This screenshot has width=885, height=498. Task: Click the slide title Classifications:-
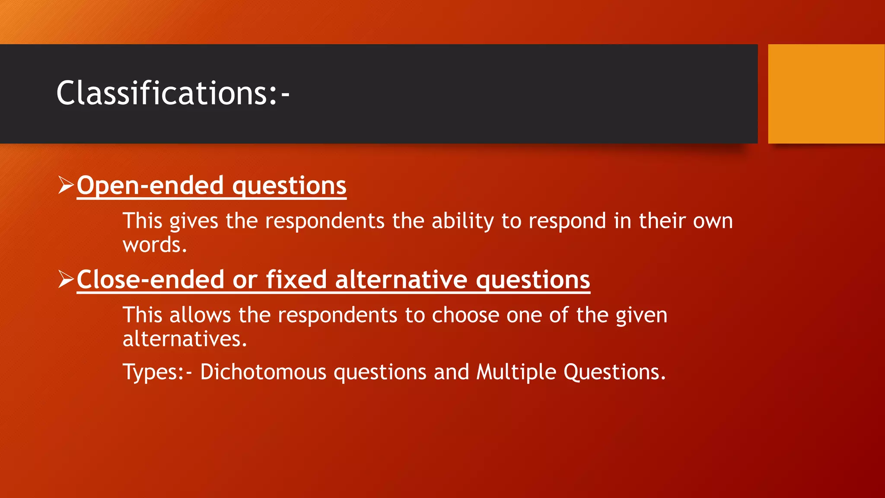pos(173,93)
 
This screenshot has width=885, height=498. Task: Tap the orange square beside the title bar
pos(826,94)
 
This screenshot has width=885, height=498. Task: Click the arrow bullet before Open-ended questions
pos(66,185)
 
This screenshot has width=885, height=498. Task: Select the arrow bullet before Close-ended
pos(66,279)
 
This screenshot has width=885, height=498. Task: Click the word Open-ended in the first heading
pos(150,185)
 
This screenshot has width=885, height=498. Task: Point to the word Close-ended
pos(150,280)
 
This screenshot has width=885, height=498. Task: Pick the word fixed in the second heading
pos(296,280)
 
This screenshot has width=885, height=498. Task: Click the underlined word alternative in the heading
pos(401,280)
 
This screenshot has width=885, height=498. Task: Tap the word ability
pos(462,221)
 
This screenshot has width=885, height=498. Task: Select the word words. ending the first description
pos(155,245)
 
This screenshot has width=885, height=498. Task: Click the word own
pos(713,221)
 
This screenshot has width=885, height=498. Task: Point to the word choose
pos(465,315)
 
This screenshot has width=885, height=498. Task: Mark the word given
pos(641,315)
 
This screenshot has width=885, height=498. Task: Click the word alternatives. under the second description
pos(185,339)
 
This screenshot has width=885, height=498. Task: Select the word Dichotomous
pos(263,372)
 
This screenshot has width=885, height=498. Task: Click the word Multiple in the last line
pos(516,372)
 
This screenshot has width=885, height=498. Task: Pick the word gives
pos(194,221)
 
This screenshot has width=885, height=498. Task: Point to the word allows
pos(200,315)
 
